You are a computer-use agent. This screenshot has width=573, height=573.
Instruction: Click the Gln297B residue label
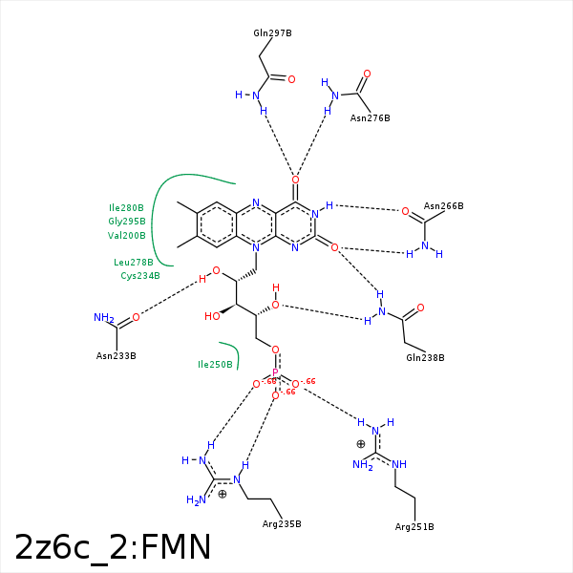pos(272,33)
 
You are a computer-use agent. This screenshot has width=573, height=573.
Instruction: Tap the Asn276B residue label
pos(370,118)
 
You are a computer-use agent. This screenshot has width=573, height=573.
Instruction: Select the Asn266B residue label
pos(443,206)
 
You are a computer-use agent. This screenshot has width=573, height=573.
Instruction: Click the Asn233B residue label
pos(117,356)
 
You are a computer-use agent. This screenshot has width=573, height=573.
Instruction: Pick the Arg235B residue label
pos(281,524)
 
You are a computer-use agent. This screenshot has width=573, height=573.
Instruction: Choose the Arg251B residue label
pos(414,527)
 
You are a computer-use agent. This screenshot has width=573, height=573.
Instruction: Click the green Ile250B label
pos(215,364)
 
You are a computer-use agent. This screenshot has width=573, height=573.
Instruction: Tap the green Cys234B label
pos(140,276)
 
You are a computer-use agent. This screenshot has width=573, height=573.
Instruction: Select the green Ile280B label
pos(126,207)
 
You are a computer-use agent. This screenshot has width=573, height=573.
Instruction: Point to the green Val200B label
pos(127,235)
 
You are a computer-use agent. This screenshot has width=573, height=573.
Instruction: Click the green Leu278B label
pos(134,262)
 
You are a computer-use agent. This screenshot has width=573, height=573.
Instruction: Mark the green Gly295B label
pos(127,221)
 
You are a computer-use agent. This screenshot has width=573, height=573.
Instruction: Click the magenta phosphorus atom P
pos(275,373)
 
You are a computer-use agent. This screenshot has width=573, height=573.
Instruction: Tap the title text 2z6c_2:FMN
pos(113,547)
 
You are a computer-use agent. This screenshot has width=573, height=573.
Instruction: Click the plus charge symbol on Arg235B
pos(223,494)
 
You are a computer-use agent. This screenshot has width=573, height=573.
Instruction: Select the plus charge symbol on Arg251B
pos(360,443)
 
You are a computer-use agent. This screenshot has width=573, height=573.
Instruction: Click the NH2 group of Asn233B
pos(104,318)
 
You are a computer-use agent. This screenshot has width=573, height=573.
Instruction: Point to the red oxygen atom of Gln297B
pos(291,79)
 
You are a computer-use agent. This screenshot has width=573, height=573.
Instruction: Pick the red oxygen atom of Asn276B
pos(367,74)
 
